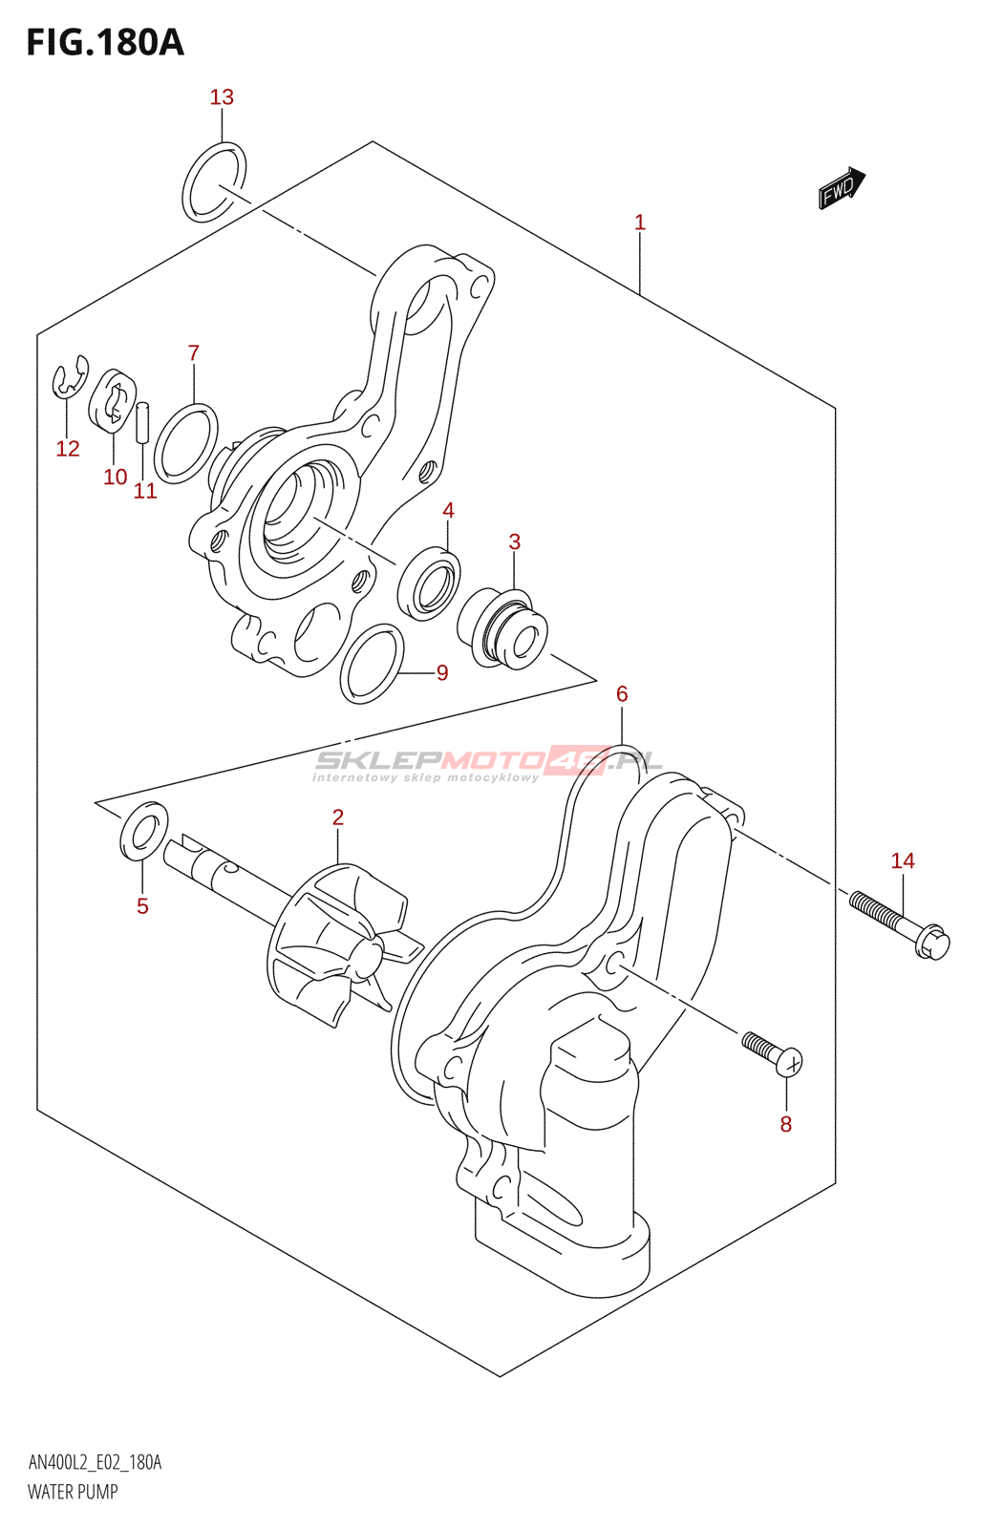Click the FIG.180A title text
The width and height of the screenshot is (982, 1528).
coord(105,43)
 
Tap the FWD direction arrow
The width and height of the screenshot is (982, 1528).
coord(841,188)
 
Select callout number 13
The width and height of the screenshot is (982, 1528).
coord(222,97)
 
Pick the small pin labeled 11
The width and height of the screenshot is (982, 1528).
coord(143,422)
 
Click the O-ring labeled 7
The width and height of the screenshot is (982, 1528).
coord(185,443)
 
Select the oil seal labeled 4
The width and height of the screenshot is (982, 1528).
coord(429,583)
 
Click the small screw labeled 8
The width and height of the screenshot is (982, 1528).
coord(774,1052)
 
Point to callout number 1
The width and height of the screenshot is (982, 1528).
coord(640,223)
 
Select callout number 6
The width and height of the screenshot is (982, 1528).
coord(622,694)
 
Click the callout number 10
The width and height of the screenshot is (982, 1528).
coord(115,477)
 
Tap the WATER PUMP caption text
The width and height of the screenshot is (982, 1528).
coord(73,1492)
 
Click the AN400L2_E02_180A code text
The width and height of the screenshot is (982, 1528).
coord(95,1462)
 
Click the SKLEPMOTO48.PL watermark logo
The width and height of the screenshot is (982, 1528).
coord(487,763)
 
